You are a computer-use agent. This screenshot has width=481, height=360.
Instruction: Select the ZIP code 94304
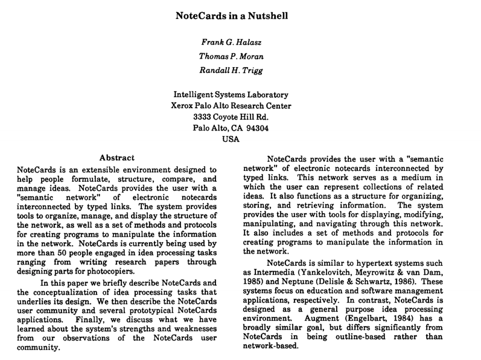click(x=256, y=128)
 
